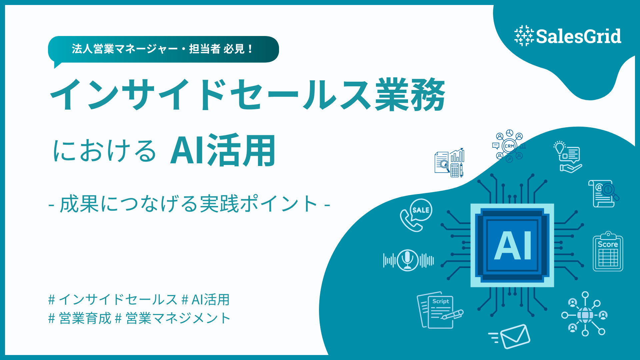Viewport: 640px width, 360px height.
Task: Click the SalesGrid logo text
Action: [x=579, y=36]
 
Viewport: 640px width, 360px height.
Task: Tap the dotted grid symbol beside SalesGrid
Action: [x=524, y=36]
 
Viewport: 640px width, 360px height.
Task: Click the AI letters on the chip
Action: [x=513, y=246]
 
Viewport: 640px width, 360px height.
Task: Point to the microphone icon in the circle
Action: [x=408, y=260]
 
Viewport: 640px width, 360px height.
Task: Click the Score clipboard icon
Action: [x=608, y=251]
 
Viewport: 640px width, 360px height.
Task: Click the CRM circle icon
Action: [x=509, y=146]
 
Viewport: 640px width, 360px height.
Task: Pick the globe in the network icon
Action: [x=585, y=315]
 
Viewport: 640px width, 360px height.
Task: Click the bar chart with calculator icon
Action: [x=449, y=163]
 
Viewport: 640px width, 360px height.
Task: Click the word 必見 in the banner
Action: [x=234, y=49]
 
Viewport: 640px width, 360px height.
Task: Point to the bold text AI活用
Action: [x=223, y=150]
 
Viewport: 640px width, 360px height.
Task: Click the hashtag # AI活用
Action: [x=206, y=300]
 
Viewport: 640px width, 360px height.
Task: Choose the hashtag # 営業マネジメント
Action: [x=173, y=318]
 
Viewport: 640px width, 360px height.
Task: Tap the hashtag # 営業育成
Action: [x=80, y=318]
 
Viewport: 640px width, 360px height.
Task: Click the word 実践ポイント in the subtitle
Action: [x=259, y=204]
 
